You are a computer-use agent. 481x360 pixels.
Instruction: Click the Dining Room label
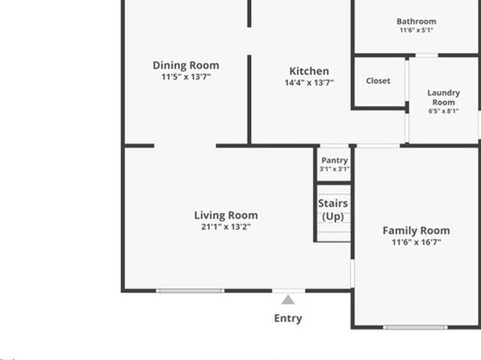pos(186,65)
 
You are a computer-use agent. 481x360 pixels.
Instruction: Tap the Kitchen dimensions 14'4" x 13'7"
pos(309,82)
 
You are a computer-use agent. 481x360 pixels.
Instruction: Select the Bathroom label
pos(416,22)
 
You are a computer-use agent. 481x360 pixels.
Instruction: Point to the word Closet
pos(379,81)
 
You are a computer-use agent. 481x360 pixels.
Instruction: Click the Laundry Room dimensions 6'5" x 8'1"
pos(444,111)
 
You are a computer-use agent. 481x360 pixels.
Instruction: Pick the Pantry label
pos(334,161)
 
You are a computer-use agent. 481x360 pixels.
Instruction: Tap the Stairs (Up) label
pos(333,210)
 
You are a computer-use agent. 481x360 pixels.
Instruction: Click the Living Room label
pos(226,216)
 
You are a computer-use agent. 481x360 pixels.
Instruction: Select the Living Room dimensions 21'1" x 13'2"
pos(226,227)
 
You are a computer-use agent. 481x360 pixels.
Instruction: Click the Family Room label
pos(416,231)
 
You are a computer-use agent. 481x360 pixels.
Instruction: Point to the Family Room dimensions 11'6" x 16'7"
pos(416,242)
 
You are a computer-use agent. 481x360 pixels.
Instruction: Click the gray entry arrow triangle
pos(288,299)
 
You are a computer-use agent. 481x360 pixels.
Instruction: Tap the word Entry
pos(288,319)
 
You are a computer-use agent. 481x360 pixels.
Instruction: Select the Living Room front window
pos(190,291)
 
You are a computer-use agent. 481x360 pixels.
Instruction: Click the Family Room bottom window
pos(416,328)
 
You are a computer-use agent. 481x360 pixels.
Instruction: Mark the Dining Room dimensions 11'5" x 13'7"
pos(186,77)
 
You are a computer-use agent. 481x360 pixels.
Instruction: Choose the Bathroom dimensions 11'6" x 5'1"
pos(416,30)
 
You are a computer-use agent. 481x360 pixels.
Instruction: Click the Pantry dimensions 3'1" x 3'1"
pos(334,170)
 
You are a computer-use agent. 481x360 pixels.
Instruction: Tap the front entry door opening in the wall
pos(289,291)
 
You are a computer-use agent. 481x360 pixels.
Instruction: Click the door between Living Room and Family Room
pos(353,273)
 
